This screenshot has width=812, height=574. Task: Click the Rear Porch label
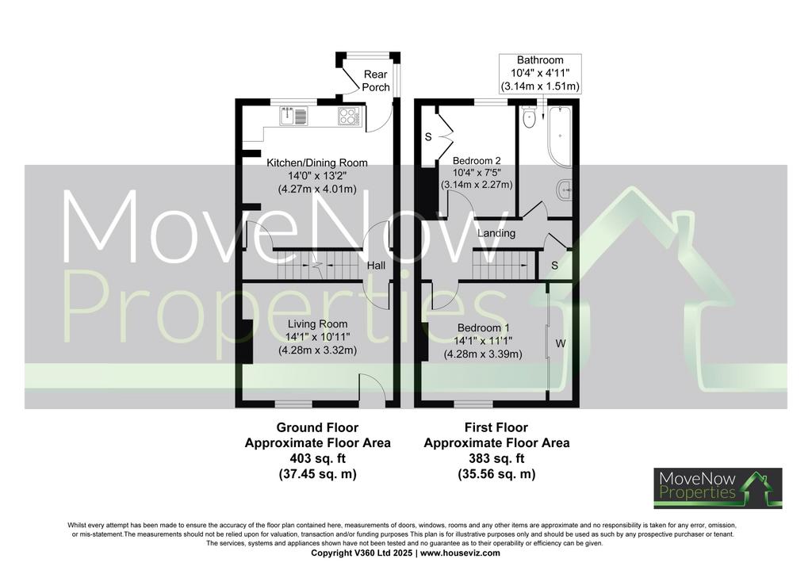click(x=376, y=81)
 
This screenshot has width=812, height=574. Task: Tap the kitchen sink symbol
click(x=294, y=116)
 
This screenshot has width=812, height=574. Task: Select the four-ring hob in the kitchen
click(x=349, y=116)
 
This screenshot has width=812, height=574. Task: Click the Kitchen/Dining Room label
click(x=317, y=163)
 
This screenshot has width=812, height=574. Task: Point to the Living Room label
click(x=317, y=324)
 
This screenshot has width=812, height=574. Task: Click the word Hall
click(x=377, y=266)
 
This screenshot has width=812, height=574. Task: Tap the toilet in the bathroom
click(x=529, y=117)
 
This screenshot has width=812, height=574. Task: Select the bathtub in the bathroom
click(x=560, y=136)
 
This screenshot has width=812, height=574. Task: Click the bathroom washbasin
click(x=565, y=190)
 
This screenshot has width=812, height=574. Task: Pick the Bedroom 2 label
click(x=477, y=160)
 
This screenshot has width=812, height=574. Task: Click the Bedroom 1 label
click(x=483, y=328)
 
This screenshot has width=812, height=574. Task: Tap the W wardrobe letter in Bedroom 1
click(x=561, y=343)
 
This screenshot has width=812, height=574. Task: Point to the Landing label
click(x=496, y=233)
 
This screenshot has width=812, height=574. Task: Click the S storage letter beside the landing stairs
click(x=554, y=266)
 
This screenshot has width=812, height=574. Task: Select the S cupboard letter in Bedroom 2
click(x=428, y=137)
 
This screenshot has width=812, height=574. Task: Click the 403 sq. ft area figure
click(x=317, y=458)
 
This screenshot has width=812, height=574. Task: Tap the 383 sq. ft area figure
click(x=496, y=458)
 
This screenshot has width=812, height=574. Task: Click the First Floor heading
click(x=496, y=427)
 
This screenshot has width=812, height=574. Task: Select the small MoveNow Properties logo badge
click(x=718, y=488)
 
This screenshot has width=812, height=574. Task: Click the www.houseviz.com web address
click(x=460, y=553)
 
